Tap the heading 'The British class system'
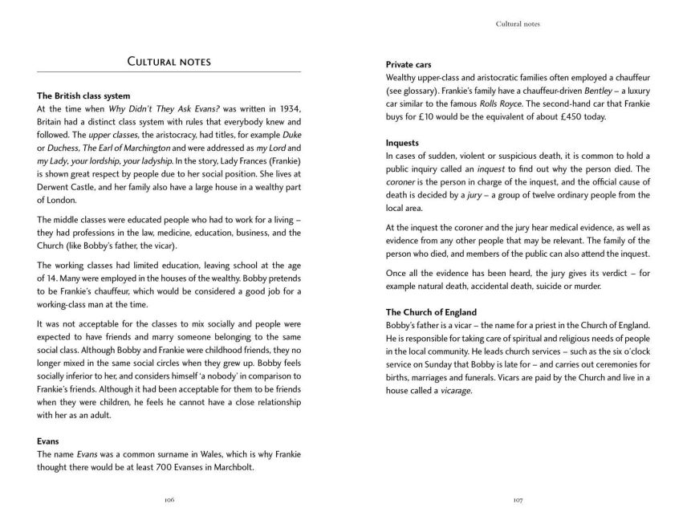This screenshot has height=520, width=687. (x=78, y=96)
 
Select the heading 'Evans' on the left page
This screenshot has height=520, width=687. (x=51, y=441)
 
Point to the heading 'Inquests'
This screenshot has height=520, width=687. (x=404, y=142)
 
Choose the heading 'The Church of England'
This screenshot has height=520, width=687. (x=431, y=312)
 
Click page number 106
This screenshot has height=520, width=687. (x=169, y=499)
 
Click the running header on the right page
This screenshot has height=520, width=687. (x=518, y=24)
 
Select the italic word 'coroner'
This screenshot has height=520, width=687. (x=401, y=182)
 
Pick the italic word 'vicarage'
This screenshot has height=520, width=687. (x=453, y=391)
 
